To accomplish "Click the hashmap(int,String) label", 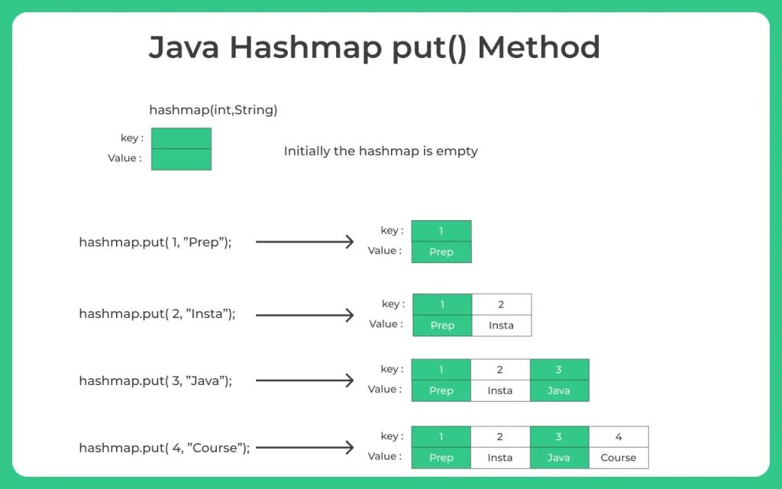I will [213, 110].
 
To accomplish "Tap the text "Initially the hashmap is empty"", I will [380, 151].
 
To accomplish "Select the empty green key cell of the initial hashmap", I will [181, 138].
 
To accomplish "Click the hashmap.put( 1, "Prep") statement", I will [155, 242].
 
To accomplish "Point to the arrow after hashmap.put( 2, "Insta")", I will [305, 315].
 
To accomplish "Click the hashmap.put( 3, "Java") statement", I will [155, 381].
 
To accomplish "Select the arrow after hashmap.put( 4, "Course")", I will [305, 448].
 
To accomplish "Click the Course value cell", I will [618, 458].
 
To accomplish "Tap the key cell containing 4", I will [618, 437].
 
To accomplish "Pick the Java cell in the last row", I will [558, 458].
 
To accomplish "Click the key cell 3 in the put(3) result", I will [558, 370].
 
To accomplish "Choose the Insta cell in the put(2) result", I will [501, 325].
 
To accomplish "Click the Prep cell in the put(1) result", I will [441, 252].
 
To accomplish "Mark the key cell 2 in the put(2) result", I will [501, 305].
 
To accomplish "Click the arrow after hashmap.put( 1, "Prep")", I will [305, 242].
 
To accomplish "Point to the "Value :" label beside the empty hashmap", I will [124, 158].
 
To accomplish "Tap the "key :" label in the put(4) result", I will [392, 436].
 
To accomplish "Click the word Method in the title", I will [538, 48].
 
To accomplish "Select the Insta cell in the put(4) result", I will [499, 458].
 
